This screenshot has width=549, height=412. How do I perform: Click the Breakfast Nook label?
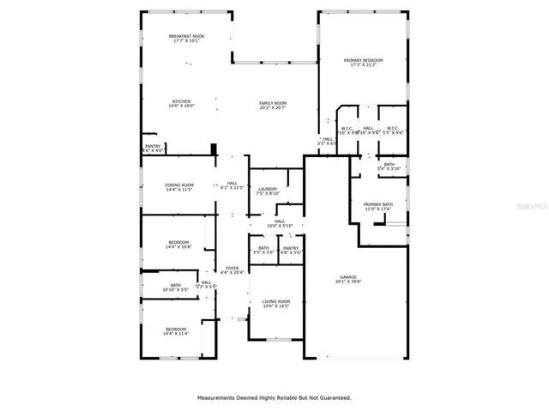click(x=184, y=37)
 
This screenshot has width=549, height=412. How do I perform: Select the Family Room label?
click(x=272, y=106)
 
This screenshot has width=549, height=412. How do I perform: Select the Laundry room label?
click(x=267, y=191)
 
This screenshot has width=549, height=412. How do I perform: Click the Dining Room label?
click(x=179, y=186)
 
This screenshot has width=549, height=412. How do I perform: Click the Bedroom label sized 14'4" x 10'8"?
click(x=178, y=245)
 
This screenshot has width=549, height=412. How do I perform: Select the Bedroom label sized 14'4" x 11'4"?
click(x=176, y=330)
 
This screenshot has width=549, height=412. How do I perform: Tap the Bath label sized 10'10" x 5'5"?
click(x=175, y=288)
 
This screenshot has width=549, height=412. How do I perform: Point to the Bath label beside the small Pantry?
click(x=263, y=250)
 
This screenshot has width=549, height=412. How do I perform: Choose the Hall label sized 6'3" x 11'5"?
click(x=232, y=185)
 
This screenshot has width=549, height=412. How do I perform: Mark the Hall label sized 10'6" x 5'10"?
click(x=279, y=223)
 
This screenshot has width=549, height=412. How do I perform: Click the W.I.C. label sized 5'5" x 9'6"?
click(x=392, y=130)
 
